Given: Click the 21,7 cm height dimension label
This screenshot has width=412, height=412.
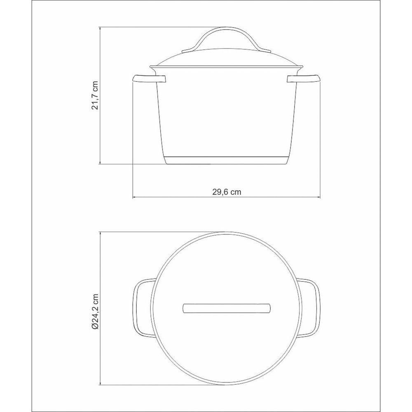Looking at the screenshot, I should click(x=95, y=95).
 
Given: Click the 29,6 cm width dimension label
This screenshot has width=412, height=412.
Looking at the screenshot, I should click(x=226, y=191).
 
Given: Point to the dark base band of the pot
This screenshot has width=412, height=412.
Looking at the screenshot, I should click(x=226, y=161).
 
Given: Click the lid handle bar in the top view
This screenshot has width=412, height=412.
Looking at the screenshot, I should click(x=226, y=308).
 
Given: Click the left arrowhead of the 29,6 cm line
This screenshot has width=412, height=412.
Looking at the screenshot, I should click(x=134, y=198).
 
